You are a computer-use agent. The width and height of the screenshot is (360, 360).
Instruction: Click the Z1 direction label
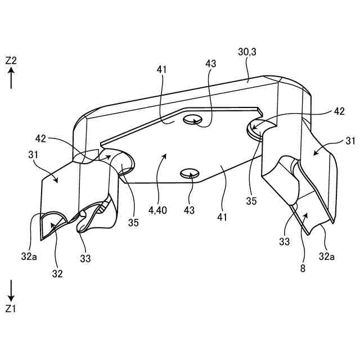[11, 308]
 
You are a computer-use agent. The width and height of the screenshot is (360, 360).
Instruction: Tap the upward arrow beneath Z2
[11, 79]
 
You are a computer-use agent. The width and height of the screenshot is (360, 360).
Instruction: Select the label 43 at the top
[211, 64]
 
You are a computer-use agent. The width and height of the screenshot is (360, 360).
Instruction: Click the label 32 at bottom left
[57, 274]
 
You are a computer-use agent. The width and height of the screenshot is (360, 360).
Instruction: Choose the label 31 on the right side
[350, 141]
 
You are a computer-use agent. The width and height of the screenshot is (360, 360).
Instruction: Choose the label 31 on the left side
[33, 154]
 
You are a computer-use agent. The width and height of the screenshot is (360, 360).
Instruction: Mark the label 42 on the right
[339, 111]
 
